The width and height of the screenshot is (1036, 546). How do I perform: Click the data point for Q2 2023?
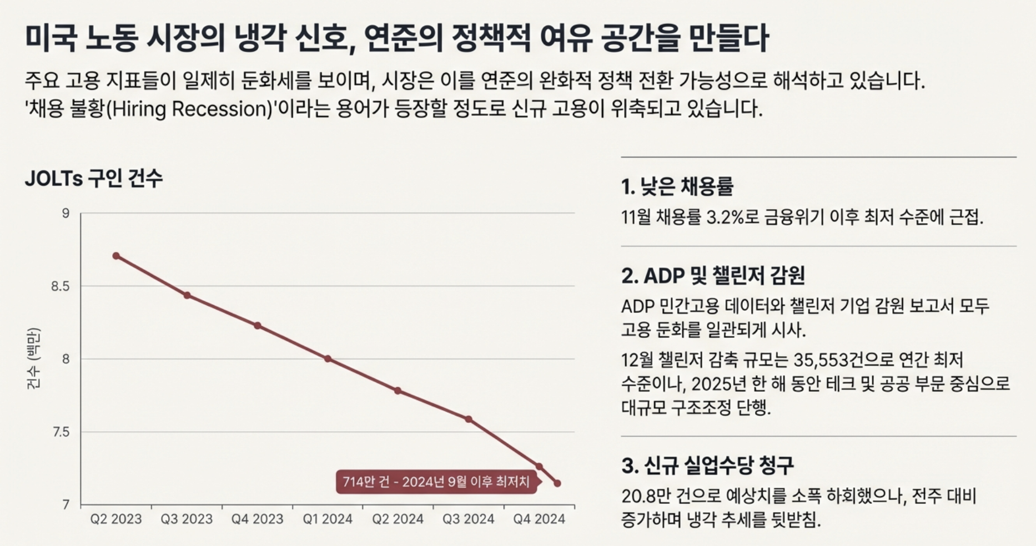tap(116, 256)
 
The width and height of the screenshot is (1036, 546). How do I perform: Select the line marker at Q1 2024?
tap(328, 359)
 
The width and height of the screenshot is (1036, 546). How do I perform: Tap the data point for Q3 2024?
tap(469, 419)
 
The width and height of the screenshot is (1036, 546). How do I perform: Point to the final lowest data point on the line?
tap(557, 483)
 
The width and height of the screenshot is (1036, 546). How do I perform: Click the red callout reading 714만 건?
tap(436, 482)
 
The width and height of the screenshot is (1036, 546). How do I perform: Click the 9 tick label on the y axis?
tap(66, 214)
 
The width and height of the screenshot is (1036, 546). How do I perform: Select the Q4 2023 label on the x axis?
tap(257, 519)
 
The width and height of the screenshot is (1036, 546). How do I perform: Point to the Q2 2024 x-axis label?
tap(398, 519)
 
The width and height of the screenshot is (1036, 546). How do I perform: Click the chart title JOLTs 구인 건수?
tap(93, 179)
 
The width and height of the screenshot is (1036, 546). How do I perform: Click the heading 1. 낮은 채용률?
tap(677, 186)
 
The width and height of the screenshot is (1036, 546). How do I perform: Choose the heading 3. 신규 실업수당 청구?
tap(707, 465)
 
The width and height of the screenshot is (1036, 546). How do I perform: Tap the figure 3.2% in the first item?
tap(725, 217)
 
